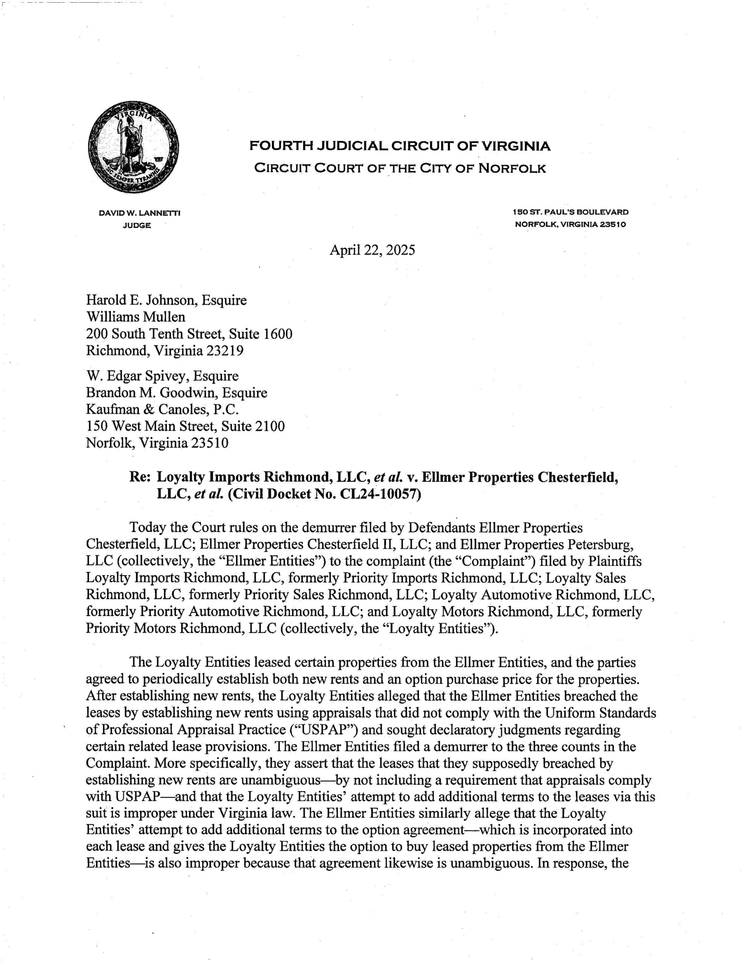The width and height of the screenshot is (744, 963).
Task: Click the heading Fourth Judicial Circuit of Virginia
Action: tap(399, 146)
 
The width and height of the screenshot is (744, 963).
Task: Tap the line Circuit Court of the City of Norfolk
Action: tap(399, 168)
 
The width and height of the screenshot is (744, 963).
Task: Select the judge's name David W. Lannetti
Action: tap(140, 213)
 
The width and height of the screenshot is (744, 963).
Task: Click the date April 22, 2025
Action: tap(372, 251)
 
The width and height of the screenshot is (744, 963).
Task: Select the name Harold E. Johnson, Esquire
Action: tap(166, 300)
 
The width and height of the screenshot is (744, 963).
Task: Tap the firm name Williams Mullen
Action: tap(135, 317)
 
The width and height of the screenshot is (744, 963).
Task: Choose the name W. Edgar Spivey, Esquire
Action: tap(162, 376)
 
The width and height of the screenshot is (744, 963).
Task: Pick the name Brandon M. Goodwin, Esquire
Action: tap(176, 392)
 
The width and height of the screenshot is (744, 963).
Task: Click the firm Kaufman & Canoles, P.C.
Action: tap(162, 409)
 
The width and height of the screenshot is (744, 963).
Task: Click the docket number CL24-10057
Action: tap(378, 494)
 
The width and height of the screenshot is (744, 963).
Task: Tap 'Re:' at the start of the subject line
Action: tap(140, 477)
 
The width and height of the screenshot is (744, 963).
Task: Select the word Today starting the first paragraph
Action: tap(148, 528)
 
